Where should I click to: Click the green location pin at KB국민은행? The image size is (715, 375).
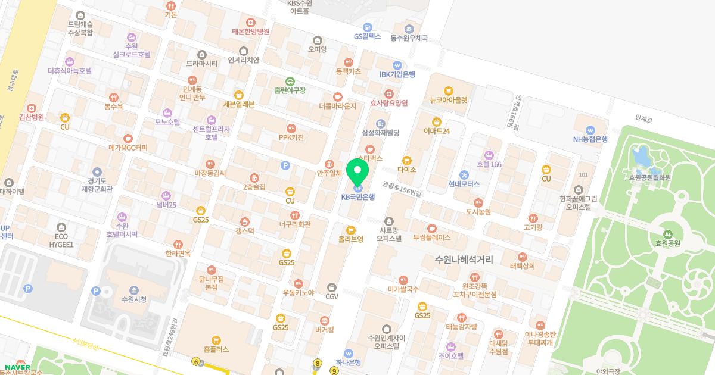(x=357, y=171)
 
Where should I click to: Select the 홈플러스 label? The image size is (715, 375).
(x=216, y=350)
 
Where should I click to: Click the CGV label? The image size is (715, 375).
(x=332, y=296)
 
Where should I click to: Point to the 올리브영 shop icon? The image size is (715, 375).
(x=351, y=230)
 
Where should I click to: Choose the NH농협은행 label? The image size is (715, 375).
(x=590, y=139)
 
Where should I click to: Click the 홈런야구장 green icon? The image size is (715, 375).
(x=290, y=81)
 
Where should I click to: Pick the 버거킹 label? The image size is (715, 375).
(x=325, y=329)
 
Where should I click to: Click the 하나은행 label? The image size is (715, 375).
(x=349, y=362)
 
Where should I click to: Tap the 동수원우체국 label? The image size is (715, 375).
(x=409, y=38)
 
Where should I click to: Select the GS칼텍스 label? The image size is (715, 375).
(x=367, y=36)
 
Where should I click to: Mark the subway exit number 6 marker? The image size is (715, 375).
(x=195, y=361)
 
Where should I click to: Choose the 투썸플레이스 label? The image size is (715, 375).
(x=431, y=237)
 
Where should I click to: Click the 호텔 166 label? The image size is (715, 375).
(x=489, y=164)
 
